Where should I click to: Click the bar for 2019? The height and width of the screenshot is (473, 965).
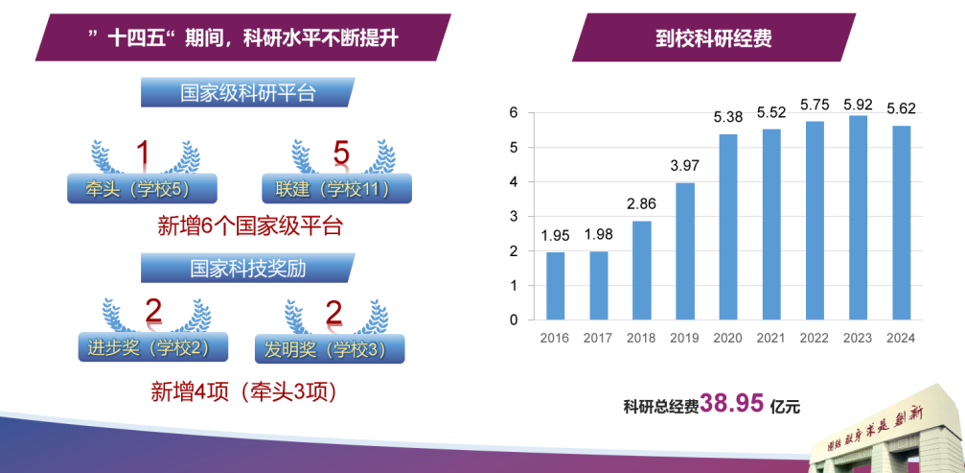[x=685, y=251]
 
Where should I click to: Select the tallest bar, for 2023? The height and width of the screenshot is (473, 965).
[x=858, y=218]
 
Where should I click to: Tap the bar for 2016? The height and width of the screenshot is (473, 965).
[x=555, y=286]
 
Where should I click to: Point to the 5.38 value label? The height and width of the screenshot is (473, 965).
[x=728, y=116]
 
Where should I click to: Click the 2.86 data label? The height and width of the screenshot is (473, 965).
[x=642, y=203]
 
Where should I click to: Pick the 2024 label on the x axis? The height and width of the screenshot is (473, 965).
[x=901, y=338]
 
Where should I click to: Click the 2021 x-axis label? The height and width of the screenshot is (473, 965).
[x=771, y=338]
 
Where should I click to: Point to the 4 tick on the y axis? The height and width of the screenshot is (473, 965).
[x=514, y=182]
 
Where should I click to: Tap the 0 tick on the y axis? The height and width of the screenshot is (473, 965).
[x=514, y=320]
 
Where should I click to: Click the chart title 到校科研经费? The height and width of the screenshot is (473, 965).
[x=714, y=39]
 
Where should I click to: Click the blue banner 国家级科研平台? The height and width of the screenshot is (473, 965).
[x=248, y=92]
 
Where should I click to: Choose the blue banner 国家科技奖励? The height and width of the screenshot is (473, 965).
[x=248, y=269]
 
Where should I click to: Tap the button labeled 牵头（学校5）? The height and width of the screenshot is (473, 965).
[x=142, y=188]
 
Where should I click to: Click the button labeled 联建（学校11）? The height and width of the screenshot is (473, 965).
[x=336, y=188]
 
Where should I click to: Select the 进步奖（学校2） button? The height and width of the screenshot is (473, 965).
[x=153, y=347]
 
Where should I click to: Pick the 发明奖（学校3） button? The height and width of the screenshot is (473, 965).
[x=330, y=348]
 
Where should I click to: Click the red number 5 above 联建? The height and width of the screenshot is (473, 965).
[x=341, y=154]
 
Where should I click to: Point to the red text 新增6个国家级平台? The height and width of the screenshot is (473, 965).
[x=249, y=226]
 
